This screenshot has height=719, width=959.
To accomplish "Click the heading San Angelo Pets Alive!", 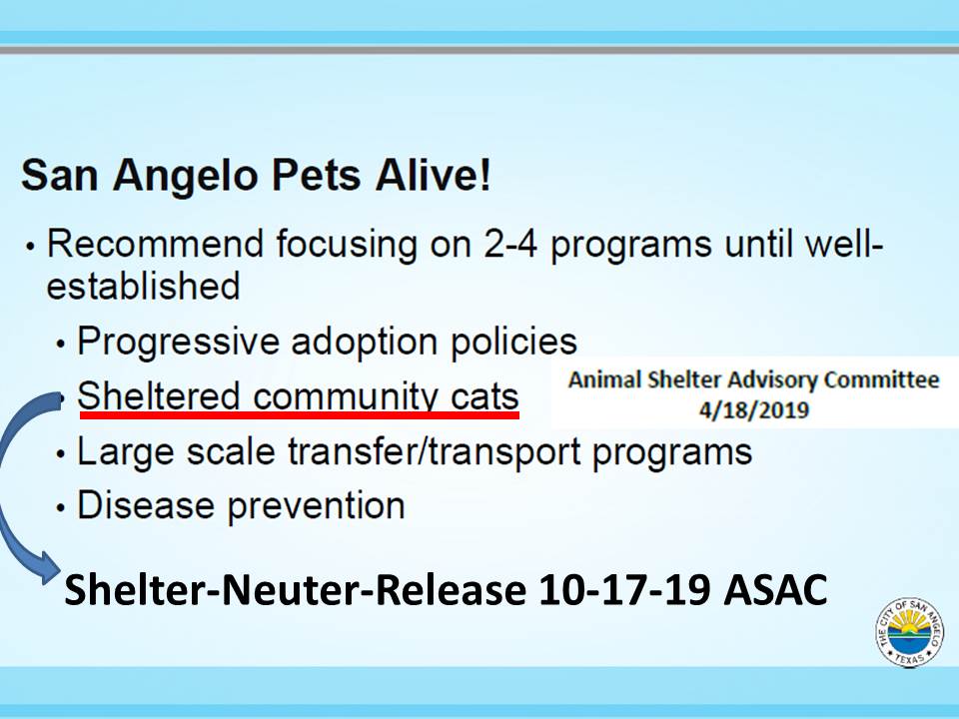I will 256,176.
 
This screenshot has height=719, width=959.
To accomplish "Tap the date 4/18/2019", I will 754,409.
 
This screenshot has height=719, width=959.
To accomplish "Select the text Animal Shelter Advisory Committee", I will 753,380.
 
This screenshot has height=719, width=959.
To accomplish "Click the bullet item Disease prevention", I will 241,505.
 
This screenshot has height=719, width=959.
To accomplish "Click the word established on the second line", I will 143,287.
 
